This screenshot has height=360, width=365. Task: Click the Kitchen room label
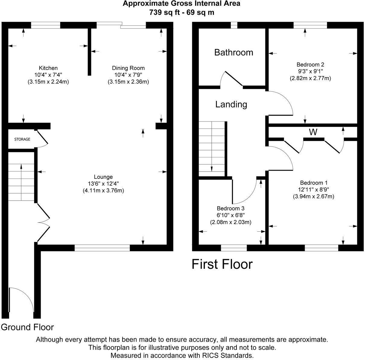(x=48, y=68)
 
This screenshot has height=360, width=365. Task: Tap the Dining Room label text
(x=128, y=68)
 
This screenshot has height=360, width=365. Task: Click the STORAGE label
(x=22, y=140)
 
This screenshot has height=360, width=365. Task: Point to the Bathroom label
(x=233, y=53)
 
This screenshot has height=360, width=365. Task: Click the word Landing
(x=231, y=104)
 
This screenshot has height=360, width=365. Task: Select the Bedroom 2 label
(x=310, y=65)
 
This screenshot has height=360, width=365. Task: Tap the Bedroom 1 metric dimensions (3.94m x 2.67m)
(x=313, y=196)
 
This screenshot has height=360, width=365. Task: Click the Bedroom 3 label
(x=230, y=208)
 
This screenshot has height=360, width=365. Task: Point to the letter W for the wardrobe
(x=313, y=132)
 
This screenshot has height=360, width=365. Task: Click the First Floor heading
(x=222, y=264)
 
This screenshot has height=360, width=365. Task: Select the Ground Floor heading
(x=27, y=327)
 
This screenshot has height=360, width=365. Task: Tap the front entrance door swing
(x=21, y=301)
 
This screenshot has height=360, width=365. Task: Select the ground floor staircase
(x=21, y=177)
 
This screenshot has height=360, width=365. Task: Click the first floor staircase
(x=212, y=148)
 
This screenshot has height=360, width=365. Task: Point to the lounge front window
(x=102, y=248)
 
